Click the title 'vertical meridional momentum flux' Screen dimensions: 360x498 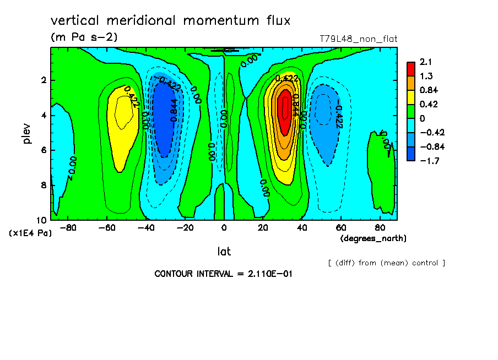point(170,21)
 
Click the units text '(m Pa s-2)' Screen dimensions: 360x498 point(84,37)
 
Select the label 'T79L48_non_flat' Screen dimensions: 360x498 point(358,39)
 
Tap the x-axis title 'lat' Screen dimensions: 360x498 point(224,252)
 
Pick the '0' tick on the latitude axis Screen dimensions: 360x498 point(224,227)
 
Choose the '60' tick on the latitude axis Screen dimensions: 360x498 point(341,227)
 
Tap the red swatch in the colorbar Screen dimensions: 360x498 point(411,68)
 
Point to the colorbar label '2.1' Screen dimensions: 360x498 point(425,62)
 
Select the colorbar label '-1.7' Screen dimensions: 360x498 point(427,161)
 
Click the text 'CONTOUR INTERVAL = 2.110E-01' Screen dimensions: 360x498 point(223,274)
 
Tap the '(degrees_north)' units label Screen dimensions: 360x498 point(373,238)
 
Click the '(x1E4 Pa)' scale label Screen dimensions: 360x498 point(30,233)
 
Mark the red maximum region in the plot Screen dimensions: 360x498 point(285,113)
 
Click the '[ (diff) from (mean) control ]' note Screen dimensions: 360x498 point(386,263)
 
